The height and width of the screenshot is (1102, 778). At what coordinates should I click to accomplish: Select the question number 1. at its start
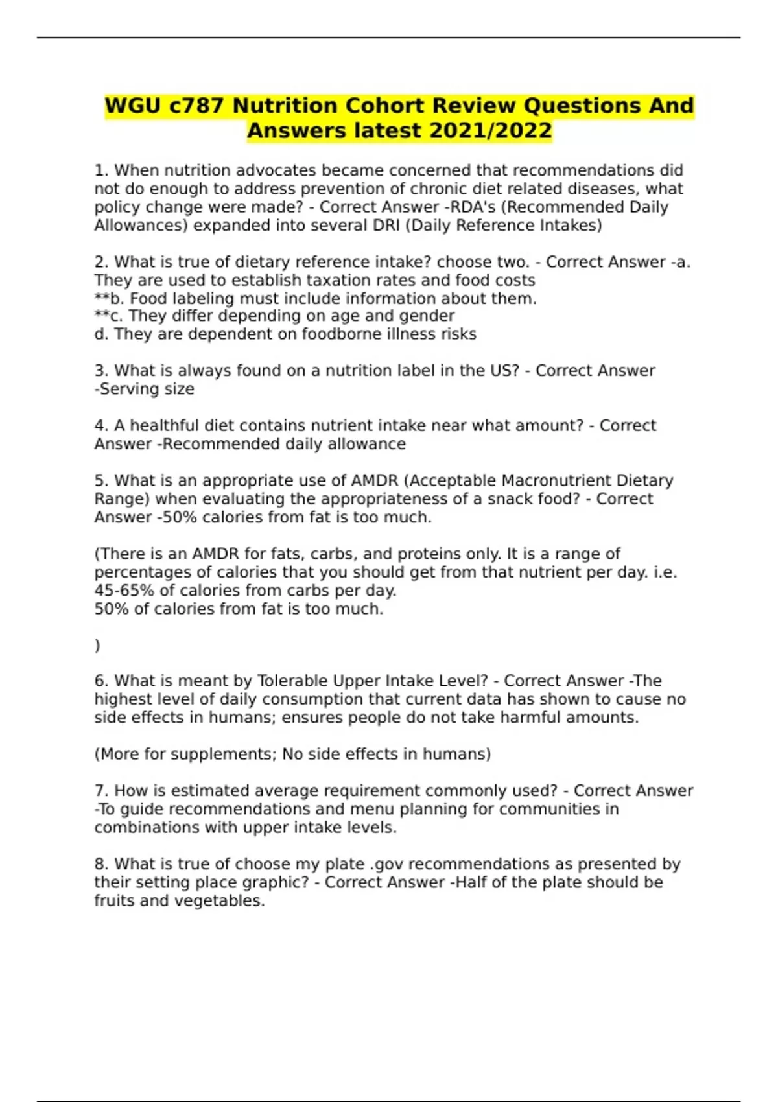tap(101, 170)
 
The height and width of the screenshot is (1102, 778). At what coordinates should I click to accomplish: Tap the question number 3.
tap(101, 371)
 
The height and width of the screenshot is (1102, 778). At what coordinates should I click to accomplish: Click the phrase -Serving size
tap(144, 389)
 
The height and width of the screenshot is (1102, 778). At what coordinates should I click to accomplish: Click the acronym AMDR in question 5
tap(374, 481)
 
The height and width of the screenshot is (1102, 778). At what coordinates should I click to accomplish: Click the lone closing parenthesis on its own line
tap(97, 646)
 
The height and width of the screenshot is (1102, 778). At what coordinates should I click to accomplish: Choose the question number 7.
tap(101, 791)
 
